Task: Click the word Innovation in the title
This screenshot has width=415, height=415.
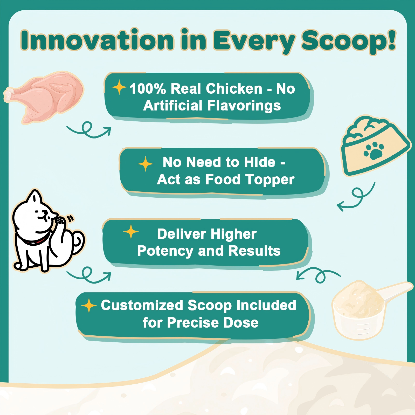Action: click(x=97, y=40)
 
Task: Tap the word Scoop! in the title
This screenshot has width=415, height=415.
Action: click(x=349, y=41)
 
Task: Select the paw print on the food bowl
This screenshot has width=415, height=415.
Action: click(x=374, y=150)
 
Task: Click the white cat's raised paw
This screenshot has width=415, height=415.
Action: click(x=60, y=221)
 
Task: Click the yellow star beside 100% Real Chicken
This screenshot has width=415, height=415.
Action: click(x=119, y=87)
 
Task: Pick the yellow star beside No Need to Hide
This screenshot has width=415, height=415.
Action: click(x=146, y=164)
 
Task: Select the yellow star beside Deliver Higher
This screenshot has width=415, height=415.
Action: click(x=131, y=231)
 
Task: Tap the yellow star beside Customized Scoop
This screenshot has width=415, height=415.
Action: click(x=89, y=306)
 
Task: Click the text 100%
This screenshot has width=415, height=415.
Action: click(x=148, y=89)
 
